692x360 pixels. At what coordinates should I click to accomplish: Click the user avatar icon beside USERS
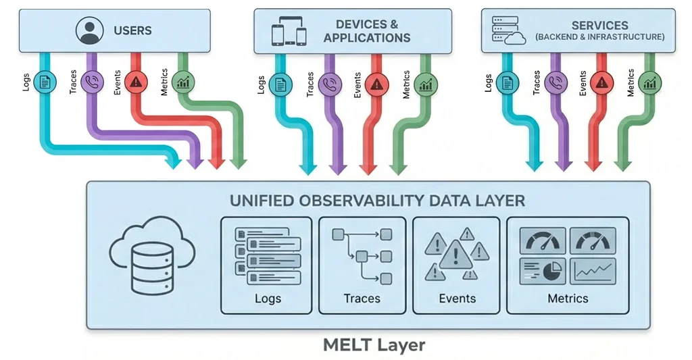(90, 30)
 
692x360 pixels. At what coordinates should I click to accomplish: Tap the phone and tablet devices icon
(289, 31)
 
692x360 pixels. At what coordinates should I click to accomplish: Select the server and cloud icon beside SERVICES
(508, 31)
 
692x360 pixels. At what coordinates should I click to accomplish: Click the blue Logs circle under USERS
(45, 82)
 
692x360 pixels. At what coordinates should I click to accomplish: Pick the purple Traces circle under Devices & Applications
(330, 84)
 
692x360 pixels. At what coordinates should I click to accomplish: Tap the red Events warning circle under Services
(601, 82)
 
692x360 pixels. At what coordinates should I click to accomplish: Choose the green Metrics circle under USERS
(182, 82)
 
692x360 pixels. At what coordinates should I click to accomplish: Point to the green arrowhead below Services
(623, 165)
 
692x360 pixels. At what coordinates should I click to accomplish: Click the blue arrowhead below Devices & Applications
(308, 169)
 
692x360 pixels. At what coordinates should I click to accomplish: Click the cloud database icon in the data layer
(152, 255)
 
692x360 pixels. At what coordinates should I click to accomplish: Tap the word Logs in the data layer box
(268, 299)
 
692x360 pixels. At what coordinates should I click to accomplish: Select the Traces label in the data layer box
(362, 299)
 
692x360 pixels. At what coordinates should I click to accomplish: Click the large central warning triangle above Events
(456, 255)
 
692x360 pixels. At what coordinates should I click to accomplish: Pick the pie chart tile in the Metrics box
(543, 272)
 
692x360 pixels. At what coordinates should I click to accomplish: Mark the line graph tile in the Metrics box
(593, 272)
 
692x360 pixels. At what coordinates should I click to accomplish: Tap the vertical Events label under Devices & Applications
(357, 85)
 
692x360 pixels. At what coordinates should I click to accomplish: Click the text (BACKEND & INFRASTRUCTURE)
(600, 37)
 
